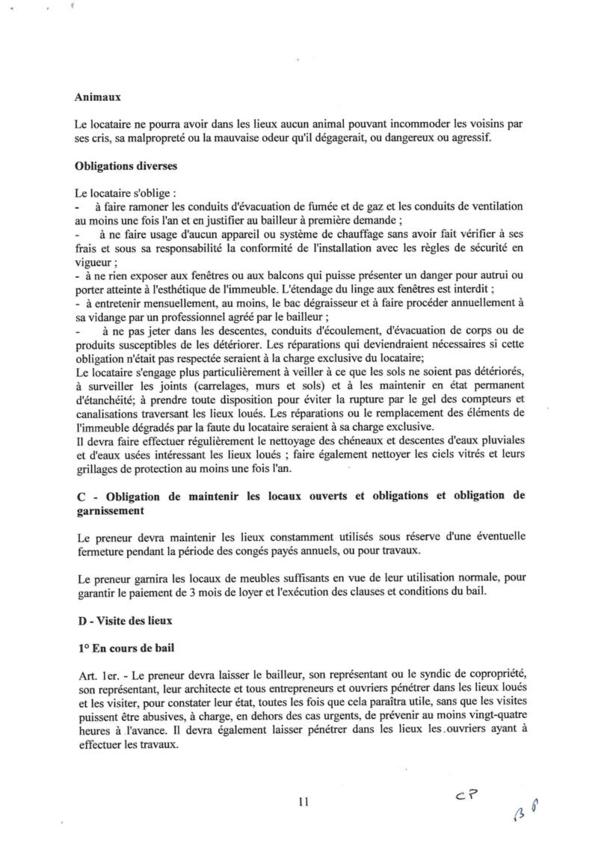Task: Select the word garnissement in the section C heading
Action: point(111,509)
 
